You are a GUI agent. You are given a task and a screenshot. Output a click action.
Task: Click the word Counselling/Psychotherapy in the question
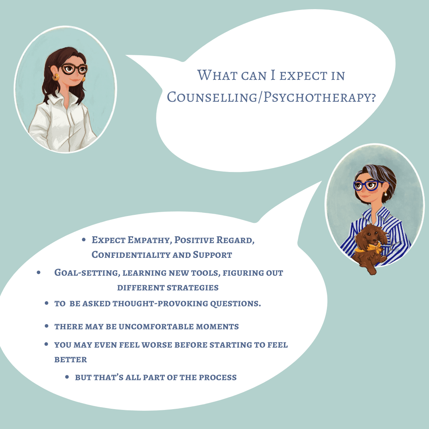point(271,97)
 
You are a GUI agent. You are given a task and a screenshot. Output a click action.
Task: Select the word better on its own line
point(71,359)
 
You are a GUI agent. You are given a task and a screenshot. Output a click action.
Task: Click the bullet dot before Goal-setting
point(39,273)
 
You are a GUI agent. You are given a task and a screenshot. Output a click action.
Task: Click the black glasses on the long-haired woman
point(74,70)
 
